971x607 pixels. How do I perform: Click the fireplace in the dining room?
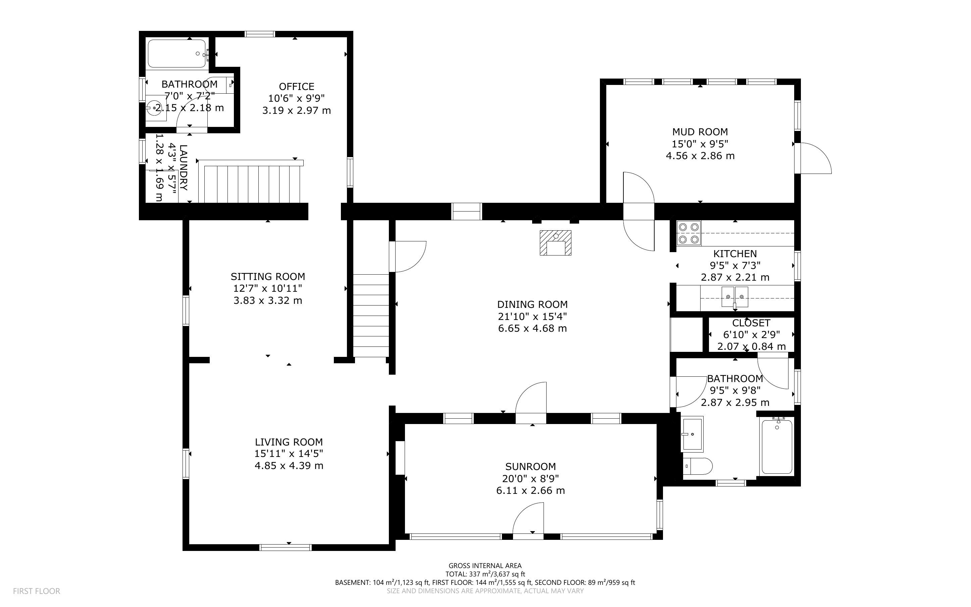point(556,243)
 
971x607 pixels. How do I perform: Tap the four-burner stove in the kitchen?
point(688,233)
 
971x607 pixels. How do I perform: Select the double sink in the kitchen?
point(735,297)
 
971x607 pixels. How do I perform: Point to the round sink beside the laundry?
point(155,108)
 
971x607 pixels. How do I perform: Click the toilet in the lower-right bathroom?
point(697,466)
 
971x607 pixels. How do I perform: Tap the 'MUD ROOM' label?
point(700,132)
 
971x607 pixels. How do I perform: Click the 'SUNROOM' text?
point(530,466)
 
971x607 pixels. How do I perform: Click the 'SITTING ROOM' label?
point(268,277)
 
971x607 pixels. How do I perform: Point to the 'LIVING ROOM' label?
point(289,442)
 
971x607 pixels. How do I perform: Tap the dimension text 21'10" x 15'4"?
point(532,316)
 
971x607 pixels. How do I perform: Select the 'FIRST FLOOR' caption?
point(37,591)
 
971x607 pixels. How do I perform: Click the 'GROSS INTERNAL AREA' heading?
point(485,566)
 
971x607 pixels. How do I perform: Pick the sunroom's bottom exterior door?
point(528,519)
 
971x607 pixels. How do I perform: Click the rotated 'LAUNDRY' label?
point(183,168)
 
